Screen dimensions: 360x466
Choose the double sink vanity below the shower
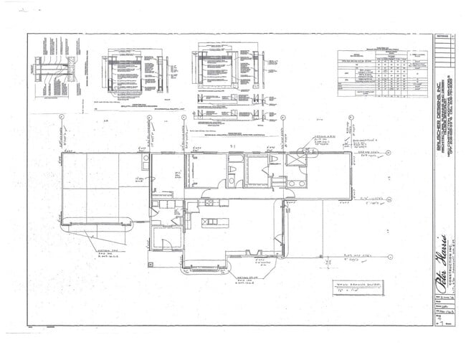tap(296, 184)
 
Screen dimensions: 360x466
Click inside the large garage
tap(100, 186)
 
